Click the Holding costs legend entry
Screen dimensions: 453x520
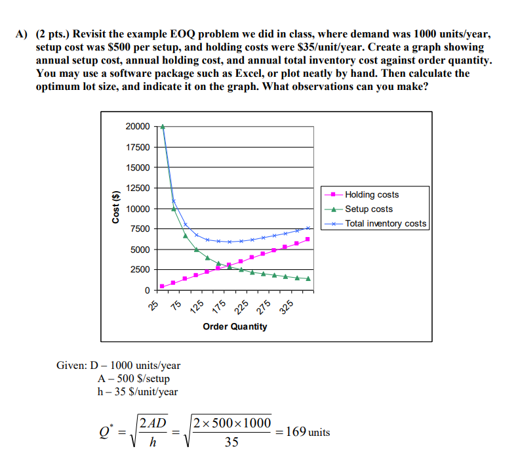[x=371, y=195]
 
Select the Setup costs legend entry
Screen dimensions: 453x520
[x=369, y=209]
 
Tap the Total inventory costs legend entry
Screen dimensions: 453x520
[x=386, y=224]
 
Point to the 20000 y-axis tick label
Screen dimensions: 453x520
[x=138, y=127]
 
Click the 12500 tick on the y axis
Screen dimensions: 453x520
[x=138, y=188]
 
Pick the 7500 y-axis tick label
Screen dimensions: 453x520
[x=140, y=229]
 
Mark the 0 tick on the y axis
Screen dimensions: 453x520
[x=147, y=290]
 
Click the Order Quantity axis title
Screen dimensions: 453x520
[x=235, y=326]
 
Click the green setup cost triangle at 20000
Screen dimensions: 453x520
[x=163, y=127]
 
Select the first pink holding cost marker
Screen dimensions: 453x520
[x=163, y=286]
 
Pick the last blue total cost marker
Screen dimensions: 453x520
[x=308, y=228]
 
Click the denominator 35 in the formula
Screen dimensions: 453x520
[x=231, y=442]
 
